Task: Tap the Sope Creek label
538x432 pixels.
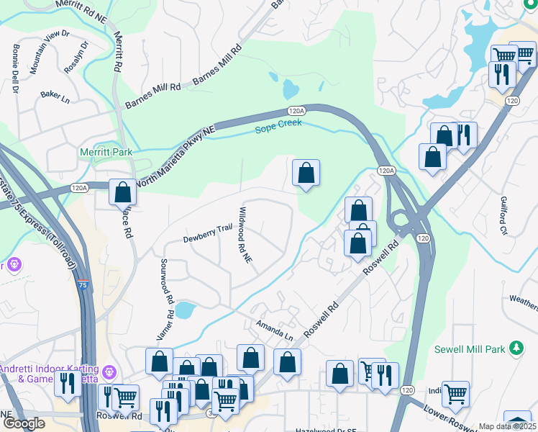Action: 279,128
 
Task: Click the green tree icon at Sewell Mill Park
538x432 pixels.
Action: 515,348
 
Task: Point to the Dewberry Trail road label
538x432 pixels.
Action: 207,229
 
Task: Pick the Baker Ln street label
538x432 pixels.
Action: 55,95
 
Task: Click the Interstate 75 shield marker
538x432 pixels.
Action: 84,284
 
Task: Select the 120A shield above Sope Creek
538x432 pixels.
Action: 296,111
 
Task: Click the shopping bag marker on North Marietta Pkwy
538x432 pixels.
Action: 122,192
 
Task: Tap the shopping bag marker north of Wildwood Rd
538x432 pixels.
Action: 306,173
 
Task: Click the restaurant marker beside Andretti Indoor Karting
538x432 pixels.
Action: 68,382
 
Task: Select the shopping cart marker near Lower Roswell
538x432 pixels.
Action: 455,394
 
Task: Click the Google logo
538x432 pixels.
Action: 24,423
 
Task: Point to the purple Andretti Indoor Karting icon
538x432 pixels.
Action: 109,372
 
